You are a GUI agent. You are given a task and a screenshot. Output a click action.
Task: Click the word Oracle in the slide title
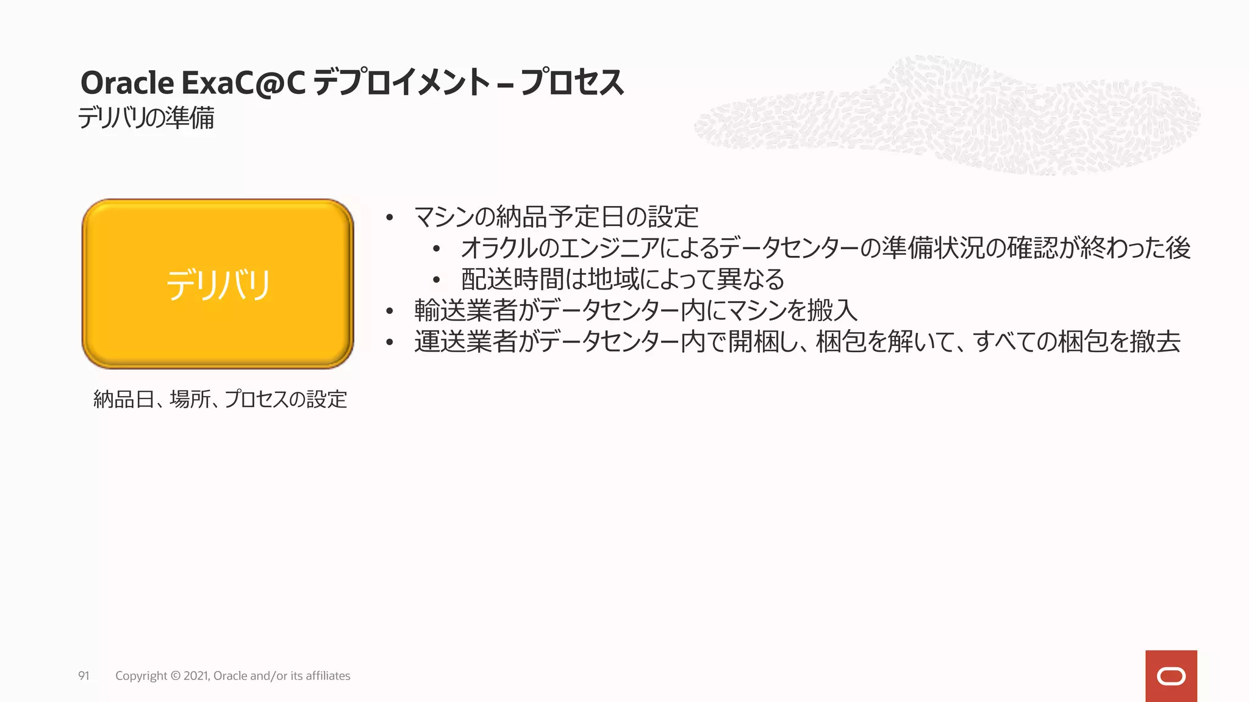[x=127, y=83]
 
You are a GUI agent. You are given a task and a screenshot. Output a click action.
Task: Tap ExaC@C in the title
[x=243, y=83]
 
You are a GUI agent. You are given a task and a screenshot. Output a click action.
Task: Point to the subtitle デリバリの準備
[x=146, y=118]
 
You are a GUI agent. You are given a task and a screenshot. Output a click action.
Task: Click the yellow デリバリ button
[x=218, y=284]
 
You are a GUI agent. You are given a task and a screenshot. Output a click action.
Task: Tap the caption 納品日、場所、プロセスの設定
[x=220, y=399]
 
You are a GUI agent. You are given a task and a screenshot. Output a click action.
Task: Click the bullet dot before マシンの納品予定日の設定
[x=390, y=218]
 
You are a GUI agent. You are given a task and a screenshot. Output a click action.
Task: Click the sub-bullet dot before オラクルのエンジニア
[x=436, y=249]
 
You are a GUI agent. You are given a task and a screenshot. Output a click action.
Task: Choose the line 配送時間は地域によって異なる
[x=622, y=279]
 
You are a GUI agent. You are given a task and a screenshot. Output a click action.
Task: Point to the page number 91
[x=84, y=676]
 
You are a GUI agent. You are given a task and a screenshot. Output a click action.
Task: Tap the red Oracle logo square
[x=1171, y=676]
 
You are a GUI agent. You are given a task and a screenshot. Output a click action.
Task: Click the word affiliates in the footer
[x=327, y=676]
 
